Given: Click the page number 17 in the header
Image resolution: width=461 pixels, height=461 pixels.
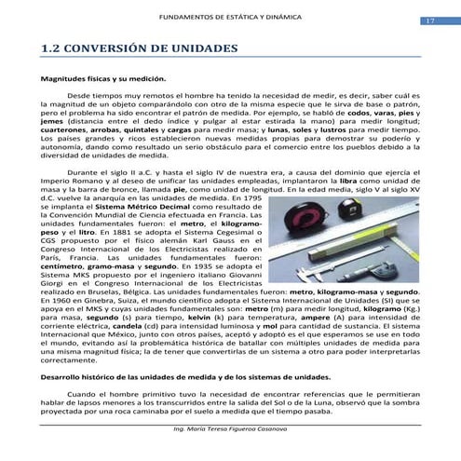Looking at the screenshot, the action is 430,20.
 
